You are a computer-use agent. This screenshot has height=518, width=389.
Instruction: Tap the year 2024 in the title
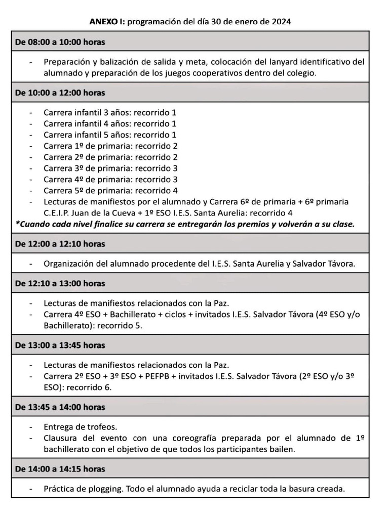click(281, 22)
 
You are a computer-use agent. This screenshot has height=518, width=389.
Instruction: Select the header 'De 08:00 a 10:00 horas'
click(60, 42)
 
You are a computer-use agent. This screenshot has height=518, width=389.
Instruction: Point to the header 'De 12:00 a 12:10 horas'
click(60, 243)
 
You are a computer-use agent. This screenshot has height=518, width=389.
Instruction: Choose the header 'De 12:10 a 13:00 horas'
click(60, 283)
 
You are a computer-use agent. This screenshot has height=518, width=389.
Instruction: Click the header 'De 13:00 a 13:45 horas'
click(60, 345)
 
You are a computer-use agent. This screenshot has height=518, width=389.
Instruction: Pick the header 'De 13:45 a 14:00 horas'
click(60, 407)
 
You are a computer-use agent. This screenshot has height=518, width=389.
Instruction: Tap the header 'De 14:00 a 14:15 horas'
click(60, 469)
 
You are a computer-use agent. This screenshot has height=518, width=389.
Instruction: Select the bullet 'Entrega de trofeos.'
click(80, 426)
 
